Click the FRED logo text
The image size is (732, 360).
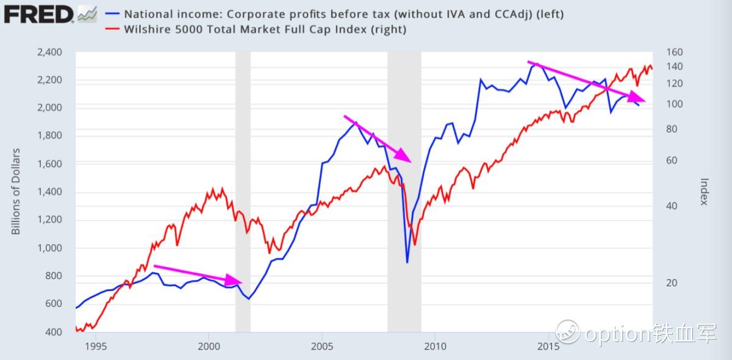(x=38, y=13)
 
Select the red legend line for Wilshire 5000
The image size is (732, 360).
(x=114, y=29)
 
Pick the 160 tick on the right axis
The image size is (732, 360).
(x=666, y=52)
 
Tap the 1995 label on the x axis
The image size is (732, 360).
(x=96, y=347)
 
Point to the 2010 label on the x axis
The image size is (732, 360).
(x=435, y=347)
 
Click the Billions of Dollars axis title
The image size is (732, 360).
(x=16, y=191)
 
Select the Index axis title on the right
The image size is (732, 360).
(x=705, y=192)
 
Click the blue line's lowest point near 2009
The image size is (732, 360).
(x=407, y=263)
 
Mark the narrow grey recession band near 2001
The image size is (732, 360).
(x=243, y=183)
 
